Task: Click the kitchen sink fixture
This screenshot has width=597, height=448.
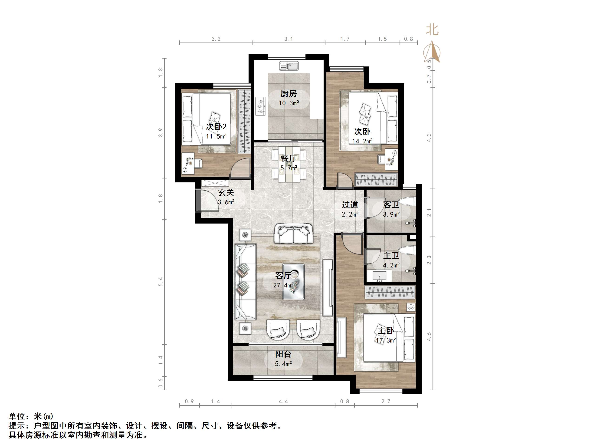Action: pyautogui.click(x=289, y=66)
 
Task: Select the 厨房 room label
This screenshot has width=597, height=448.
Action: pyautogui.click(x=289, y=94)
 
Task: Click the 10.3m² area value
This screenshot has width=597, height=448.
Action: pyautogui.click(x=289, y=103)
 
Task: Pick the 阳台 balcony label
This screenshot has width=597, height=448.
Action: pyautogui.click(x=283, y=354)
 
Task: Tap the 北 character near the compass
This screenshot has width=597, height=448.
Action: pyautogui.click(x=432, y=30)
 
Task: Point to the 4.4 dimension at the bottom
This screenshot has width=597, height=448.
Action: pyautogui.click(x=283, y=402)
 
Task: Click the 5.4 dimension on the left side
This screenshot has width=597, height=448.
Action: pyautogui.click(x=161, y=282)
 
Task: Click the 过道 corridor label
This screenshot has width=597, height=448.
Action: pyautogui.click(x=350, y=205)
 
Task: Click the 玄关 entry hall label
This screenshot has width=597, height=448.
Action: pyautogui.click(x=226, y=193)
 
